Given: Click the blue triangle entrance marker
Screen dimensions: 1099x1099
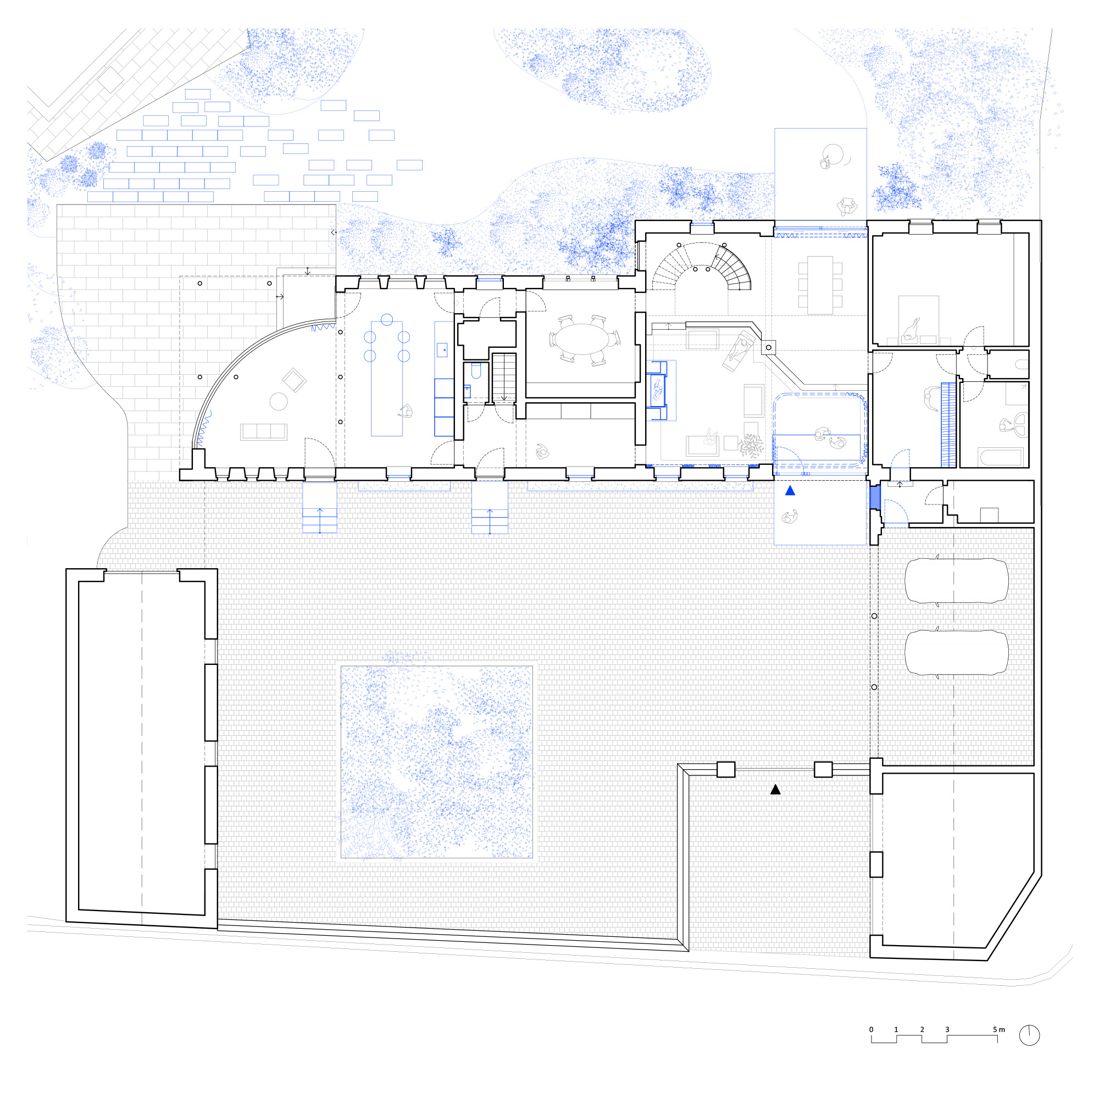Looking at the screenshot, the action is click(x=790, y=490).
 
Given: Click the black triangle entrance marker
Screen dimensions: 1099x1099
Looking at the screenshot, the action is click(x=775, y=790).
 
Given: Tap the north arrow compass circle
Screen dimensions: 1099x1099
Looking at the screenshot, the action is click(x=1029, y=1035).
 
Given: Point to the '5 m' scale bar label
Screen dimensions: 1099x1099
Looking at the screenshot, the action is click(x=999, y=1030).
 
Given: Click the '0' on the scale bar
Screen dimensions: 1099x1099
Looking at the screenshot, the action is click(x=871, y=1030).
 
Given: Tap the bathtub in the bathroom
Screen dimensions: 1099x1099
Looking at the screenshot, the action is click(x=1001, y=457).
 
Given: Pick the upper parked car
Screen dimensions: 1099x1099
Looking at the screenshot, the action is click(x=956, y=581).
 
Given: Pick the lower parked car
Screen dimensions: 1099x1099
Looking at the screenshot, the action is click(x=956, y=652).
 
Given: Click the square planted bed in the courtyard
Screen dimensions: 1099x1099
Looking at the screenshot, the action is click(x=437, y=762).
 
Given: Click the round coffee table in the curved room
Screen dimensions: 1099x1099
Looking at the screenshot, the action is click(x=278, y=402).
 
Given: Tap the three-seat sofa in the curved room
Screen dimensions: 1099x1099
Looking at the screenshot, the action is click(x=263, y=432).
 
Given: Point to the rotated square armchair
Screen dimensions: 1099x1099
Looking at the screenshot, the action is click(x=294, y=380).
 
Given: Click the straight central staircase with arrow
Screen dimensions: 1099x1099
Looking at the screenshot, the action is click(x=503, y=378).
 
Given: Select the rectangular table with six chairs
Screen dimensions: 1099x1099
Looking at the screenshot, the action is click(x=820, y=285).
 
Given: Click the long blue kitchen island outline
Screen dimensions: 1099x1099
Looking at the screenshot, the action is click(x=387, y=379).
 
